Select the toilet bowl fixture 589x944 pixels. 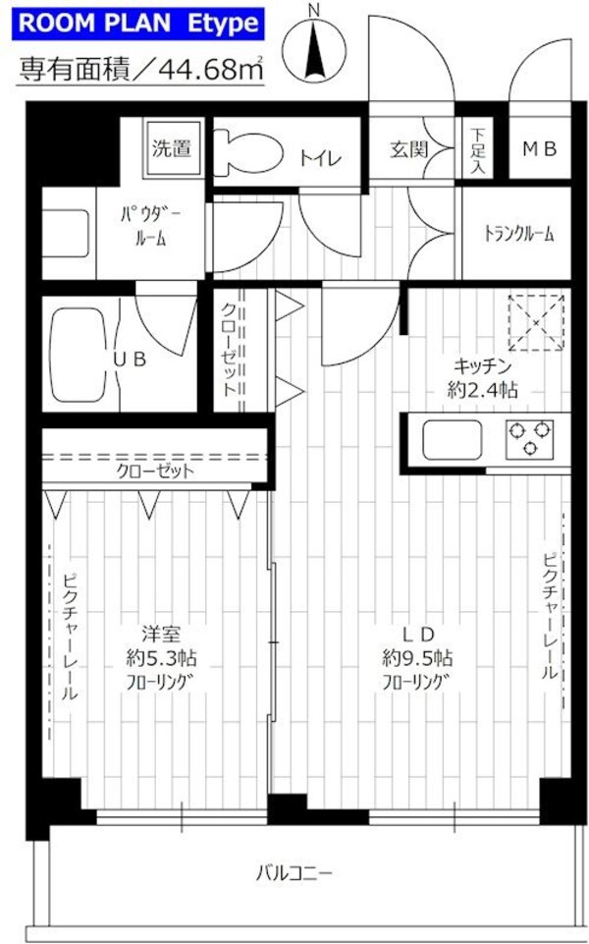point(241,151)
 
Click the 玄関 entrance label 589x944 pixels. point(408,150)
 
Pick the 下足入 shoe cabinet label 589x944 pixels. point(476,150)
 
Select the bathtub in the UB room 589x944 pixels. point(78,358)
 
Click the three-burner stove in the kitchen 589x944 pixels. point(530,438)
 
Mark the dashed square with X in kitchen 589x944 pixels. point(535,322)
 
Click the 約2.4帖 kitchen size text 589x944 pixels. point(482,390)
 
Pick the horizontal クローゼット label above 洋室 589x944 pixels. point(155,471)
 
